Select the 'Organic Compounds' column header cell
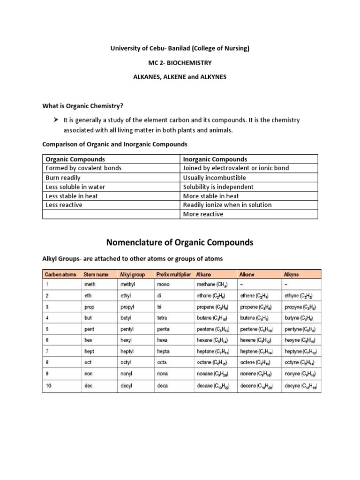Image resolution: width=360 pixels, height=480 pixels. tap(75, 159)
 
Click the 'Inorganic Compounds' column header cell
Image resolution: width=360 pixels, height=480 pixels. tap(214, 159)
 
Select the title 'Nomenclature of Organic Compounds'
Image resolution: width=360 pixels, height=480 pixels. tap(180, 242)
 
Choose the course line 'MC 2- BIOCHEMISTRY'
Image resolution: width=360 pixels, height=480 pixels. tap(180, 62)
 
